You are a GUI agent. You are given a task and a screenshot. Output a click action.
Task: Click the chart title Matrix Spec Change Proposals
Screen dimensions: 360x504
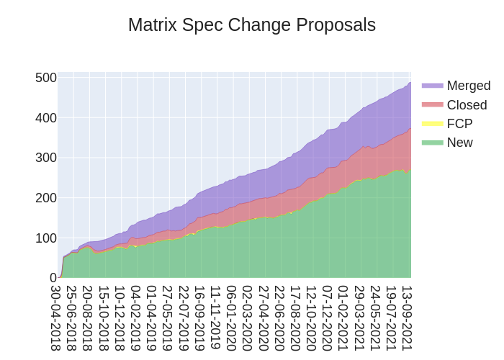tap(252, 25)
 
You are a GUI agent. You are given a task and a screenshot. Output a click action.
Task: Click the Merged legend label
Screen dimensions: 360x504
tap(468, 86)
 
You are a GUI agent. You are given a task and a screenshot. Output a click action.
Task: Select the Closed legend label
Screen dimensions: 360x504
tap(467, 105)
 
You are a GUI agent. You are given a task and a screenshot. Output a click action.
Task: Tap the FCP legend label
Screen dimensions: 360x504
tap(459, 124)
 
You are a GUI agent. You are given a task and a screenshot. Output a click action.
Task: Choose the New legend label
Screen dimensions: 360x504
tap(459, 143)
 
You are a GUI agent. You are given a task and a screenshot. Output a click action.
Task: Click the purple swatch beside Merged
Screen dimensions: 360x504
tap(432, 86)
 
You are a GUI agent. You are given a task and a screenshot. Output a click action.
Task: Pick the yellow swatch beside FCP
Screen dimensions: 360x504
tap(432, 124)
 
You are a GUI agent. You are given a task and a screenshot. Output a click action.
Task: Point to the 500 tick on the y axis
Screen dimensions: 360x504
tap(46, 78)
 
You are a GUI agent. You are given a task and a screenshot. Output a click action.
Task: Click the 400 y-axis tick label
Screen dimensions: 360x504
tap(46, 118)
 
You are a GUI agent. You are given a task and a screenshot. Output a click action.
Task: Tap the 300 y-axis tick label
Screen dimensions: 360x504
tap(46, 158)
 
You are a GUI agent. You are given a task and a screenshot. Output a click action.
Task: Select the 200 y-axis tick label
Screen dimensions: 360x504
tap(46, 198)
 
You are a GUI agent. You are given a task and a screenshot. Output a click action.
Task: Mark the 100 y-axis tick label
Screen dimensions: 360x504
tap(46, 238)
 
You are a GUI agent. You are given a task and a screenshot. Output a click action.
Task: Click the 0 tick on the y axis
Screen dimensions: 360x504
tap(53, 278)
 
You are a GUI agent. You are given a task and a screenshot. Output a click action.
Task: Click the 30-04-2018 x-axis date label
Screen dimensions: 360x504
tap(55, 318)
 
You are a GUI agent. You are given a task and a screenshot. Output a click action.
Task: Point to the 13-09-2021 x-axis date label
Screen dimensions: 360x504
tap(407, 318)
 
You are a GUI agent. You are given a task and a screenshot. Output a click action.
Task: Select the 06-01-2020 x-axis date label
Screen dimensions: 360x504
tap(231, 318)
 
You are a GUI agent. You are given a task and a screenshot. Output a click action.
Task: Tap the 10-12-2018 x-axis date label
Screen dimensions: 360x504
tap(120, 318)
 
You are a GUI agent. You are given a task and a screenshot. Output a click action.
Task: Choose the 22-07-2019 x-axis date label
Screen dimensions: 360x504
tap(184, 318)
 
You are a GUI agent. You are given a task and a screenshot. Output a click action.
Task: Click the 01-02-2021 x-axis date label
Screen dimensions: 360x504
tap(343, 318)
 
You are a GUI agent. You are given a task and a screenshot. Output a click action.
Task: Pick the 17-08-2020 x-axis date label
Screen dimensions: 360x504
tap(295, 318)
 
